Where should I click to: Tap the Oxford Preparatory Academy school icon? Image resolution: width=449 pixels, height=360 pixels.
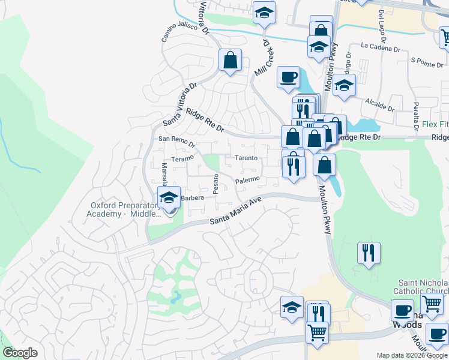tap(169, 197)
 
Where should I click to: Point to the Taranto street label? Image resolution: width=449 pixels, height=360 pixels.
tap(246, 158)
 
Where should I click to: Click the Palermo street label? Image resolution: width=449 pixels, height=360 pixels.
tap(247, 180)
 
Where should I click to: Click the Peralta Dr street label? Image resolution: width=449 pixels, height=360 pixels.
tap(415, 112)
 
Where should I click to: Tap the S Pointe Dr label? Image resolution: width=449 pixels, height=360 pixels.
tap(426, 61)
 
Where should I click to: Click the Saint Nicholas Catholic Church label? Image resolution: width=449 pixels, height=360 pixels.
tap(424, 287)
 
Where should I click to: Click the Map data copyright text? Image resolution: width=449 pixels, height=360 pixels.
tap(412, 355)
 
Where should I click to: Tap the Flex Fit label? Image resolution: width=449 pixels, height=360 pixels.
tap(435, 125)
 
